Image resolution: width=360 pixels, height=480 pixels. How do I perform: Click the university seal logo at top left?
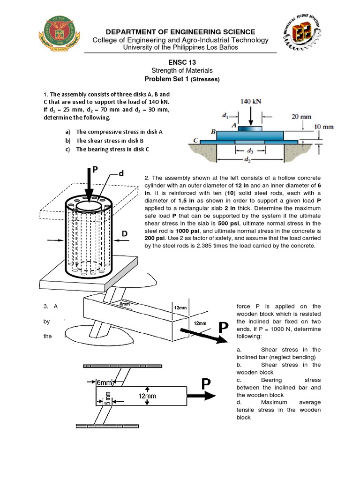(58, 37)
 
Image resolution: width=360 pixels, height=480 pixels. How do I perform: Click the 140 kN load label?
(250, 100)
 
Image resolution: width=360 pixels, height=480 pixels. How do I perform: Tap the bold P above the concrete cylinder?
(95, 170)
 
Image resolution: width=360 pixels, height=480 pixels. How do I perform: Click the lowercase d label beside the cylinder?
(121, 174)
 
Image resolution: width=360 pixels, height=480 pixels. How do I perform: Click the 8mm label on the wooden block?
(125, 304)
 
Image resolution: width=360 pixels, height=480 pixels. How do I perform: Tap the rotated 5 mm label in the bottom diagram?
(107, 397)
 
